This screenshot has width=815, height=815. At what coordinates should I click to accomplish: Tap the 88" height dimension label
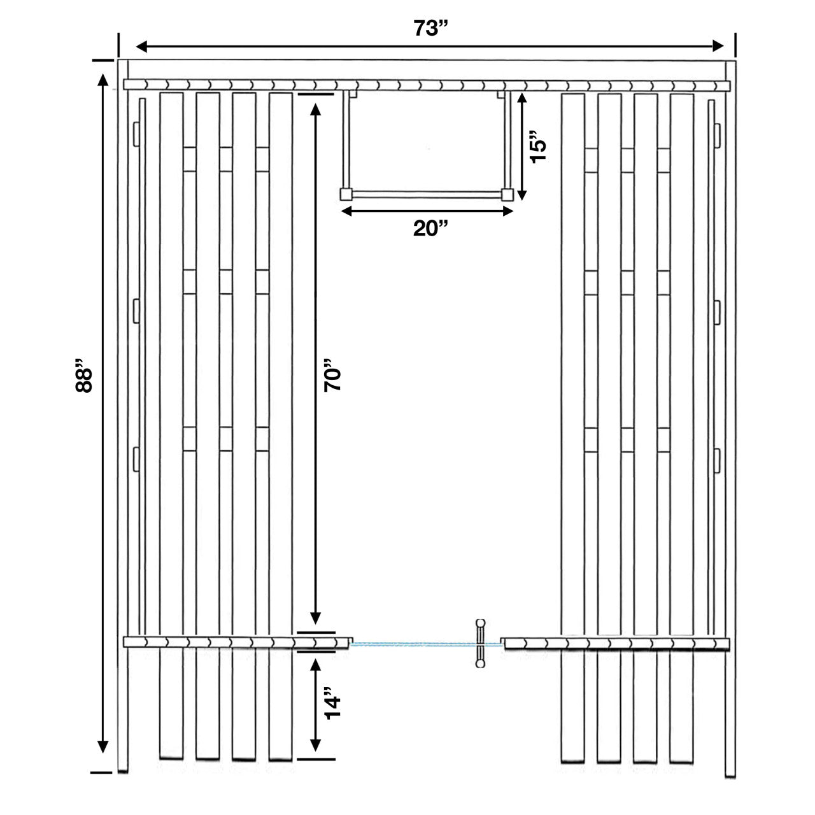[85, 379]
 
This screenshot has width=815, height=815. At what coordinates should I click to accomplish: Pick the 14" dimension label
[332, 703]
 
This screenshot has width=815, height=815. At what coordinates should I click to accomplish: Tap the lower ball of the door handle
[479, 664]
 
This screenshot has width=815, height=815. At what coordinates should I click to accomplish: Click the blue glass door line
[414, 644]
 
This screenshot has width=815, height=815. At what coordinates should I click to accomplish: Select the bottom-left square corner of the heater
[346, 194]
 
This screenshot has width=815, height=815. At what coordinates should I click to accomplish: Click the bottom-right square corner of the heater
[507, 194]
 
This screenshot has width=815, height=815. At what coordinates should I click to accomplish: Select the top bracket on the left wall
[136, 133]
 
